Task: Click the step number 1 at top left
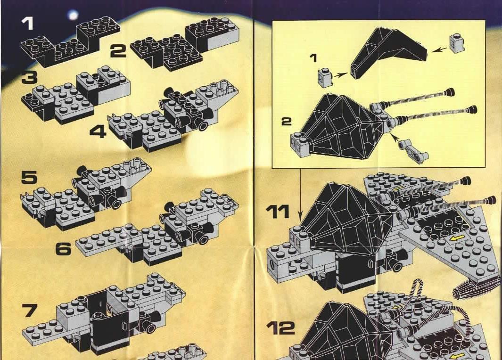coord(27,24)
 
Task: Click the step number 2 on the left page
coord(118,51)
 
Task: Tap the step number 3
coord(29,77)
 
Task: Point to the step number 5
coord(29,177)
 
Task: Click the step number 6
coord(63,249)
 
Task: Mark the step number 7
coord(29,310)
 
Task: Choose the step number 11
coord(278,212)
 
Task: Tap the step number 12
coord(280,328)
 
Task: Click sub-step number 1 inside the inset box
coord(313,58)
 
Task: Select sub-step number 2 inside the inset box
coord(287,122)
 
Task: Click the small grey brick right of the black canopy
coord(457,43)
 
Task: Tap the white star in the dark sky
coord(74,15)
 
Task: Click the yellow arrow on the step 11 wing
coord(457,238)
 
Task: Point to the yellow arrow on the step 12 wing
coord(457,355)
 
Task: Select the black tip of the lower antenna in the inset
coord(471,110)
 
